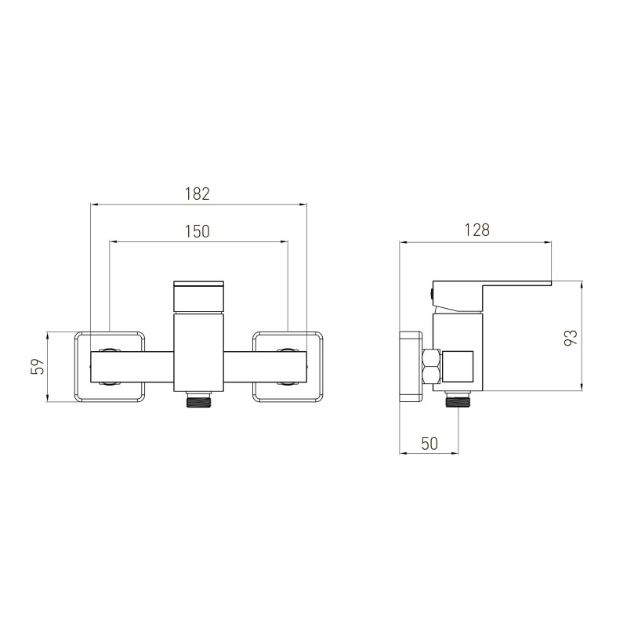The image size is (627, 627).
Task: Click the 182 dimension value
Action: pos(198,194)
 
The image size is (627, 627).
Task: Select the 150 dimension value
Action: pos(198,231)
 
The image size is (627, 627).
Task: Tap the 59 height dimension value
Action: pos(37,366)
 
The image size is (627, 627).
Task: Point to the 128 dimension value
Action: pos(477,230)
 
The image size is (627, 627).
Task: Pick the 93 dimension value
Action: pos(571,338)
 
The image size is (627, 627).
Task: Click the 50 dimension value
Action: pos(429,444)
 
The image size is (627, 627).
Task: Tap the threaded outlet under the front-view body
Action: pos(198,399)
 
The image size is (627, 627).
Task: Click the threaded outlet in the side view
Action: pos(458,399)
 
